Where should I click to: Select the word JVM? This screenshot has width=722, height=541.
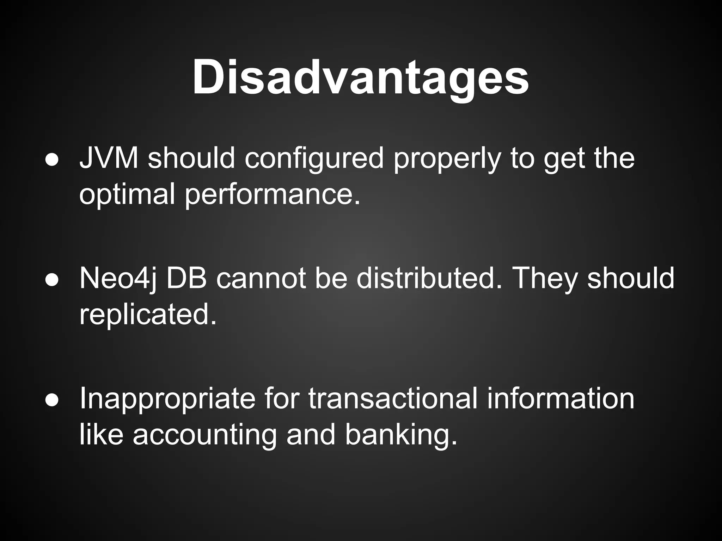click(109, 158)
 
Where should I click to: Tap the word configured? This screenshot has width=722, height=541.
click(314, 158)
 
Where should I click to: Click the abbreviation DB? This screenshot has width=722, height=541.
click(186, 278)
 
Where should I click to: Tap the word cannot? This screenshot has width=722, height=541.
click(261, 278)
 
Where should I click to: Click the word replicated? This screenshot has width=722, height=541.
click(147, 315)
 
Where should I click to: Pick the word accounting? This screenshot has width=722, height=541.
click(204, 435)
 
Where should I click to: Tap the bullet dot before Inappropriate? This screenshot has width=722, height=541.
click(51, 399)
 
